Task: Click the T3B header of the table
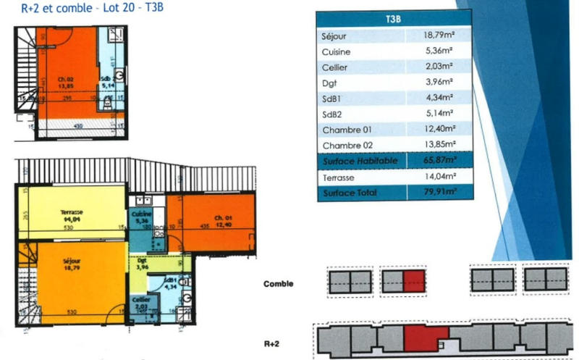[x=393, y=20]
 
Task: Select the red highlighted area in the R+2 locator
[x=426, y=338]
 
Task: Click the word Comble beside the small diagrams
[x=278, y=284]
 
